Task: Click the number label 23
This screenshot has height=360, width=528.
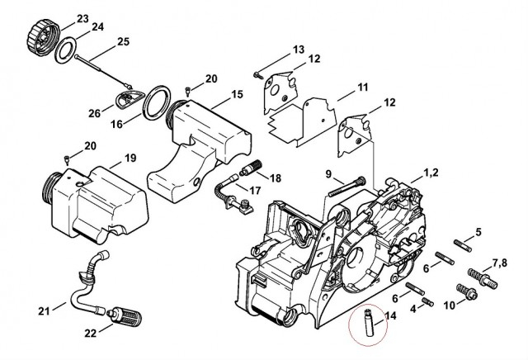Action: pyautogui.click(x=82, y=19)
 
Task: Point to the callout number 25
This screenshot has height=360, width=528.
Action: pyautogui.click(x=122, y=41)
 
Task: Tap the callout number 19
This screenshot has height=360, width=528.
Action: pyautogui.click(x=130, y=158)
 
